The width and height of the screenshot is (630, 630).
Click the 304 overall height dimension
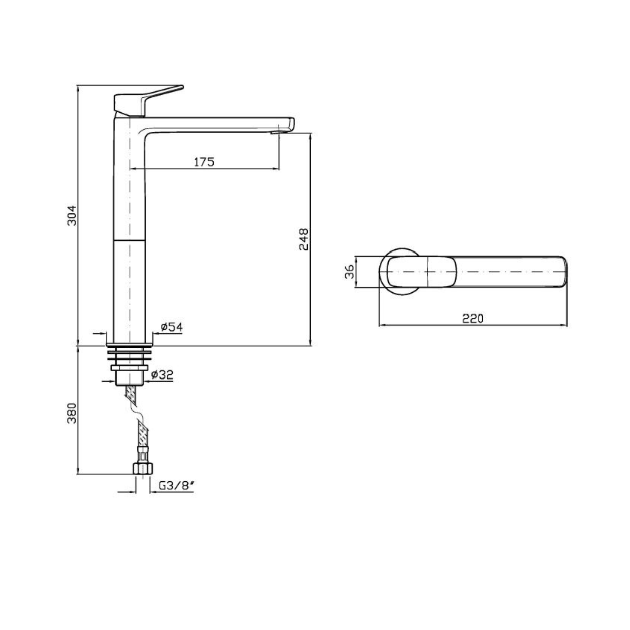(x=72, y=215)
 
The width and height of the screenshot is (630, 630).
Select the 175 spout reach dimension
(x=204, y=161)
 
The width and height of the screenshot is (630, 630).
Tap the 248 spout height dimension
(x=304, y=239)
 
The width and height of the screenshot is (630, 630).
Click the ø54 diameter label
(x=172, y=326)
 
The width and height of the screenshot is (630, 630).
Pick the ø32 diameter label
(x=162, y=374)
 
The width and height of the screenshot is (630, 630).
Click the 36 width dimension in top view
(x=349, y=271)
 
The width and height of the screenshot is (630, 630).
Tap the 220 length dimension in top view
(x=472, y=318)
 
